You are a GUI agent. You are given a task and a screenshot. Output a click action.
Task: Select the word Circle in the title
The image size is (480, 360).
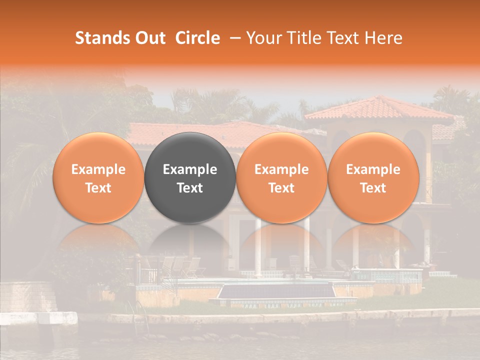(x=197, y=38)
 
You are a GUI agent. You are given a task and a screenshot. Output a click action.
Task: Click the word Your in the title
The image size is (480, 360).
(x=262, y=38)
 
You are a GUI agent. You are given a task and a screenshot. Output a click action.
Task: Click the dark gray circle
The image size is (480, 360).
(x=190, y=177)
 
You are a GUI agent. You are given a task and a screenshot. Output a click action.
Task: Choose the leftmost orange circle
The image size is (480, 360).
(x=98, y=177)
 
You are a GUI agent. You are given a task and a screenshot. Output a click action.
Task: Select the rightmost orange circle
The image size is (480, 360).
(x=373, y=177)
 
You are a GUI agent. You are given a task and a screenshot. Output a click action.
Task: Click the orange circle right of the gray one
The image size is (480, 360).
(x=281, y=177)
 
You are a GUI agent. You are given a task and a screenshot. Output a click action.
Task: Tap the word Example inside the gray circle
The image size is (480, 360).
(x=190, y=169)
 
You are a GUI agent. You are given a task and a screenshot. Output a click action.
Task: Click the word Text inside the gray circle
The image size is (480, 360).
(x=190, y=188)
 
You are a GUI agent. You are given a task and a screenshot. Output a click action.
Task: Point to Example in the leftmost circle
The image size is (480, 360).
(x=98, y=169)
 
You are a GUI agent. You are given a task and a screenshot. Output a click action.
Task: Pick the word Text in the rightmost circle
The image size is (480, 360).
(x=373, y=188)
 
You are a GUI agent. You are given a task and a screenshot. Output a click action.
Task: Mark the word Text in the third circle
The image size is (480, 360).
(x=281, y=188)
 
